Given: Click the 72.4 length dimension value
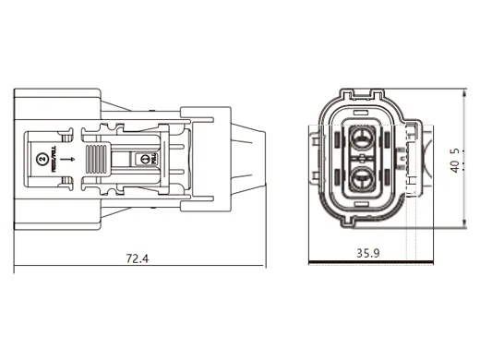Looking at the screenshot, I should point(137,258).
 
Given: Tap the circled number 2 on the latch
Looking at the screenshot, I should point(41,160).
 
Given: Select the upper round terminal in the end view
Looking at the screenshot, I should point(361,139).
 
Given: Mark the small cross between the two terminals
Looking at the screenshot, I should point(361,158).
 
